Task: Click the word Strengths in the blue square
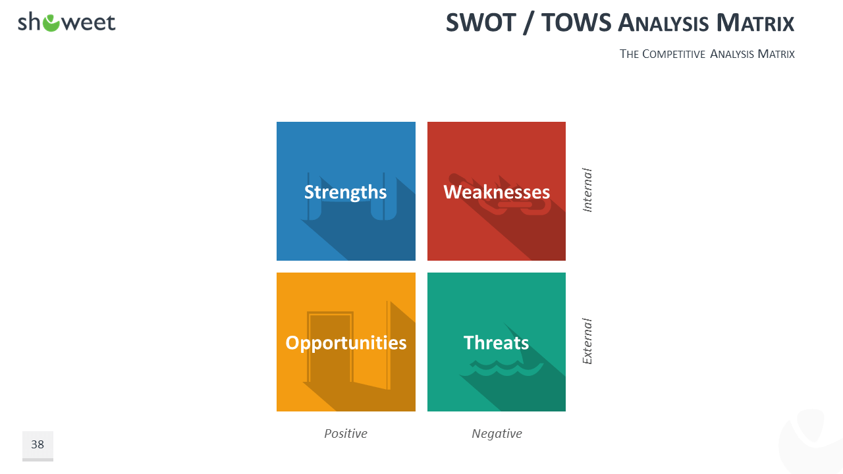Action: [346, 192]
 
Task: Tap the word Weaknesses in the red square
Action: [497, 192]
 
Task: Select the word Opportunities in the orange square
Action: [346, 343]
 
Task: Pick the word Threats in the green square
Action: [496, 343]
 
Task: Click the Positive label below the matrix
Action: [346, 433]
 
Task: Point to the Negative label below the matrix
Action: [497, 434]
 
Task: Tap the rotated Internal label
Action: [587, 190]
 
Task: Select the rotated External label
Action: [587, 341]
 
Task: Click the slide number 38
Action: [38, 444]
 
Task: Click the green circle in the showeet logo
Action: [51, 23]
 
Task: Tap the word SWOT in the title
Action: [481, 22]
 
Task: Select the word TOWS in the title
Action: [576, 22]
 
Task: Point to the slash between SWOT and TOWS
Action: [529, 23]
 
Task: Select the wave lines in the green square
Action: [506, 369]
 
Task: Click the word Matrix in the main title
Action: [755, 22]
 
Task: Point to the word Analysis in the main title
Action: [663, 23]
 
